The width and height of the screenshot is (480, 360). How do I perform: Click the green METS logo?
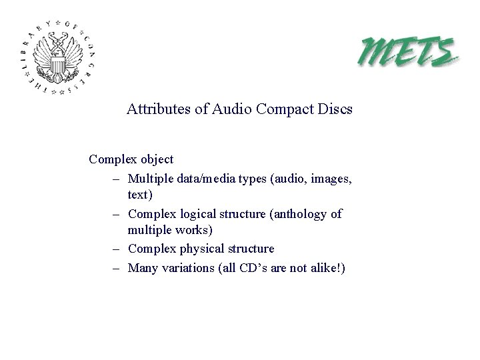(409, 51)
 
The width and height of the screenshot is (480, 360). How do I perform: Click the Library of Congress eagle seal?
(58, 59)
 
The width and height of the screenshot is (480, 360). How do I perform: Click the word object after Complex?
(156, 160)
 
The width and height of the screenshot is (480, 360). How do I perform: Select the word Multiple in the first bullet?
(150, 179)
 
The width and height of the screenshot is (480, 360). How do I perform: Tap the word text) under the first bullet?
(140, 195)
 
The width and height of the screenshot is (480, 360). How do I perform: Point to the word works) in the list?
(194, 230)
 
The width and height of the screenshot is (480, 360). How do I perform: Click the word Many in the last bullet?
(142, 268)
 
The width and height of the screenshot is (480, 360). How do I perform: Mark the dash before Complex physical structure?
(116, 249)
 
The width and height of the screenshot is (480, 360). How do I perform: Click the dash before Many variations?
(116, 268)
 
